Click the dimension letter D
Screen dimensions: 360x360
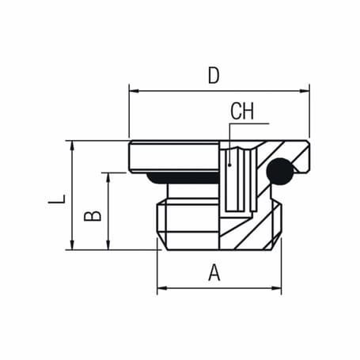click(x=213, y=75)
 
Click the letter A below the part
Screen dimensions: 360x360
click(x=214, y=273)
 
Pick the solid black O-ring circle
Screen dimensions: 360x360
click(x=279, y=170)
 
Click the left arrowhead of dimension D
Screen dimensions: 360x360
click(x=133, y=91)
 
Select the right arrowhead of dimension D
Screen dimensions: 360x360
click(x=305, y=91)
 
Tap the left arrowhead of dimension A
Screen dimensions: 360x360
click(x=161, y=290)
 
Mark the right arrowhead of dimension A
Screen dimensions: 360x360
click(x=277, y=290)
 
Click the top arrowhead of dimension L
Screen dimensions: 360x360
click(x=72, y=146)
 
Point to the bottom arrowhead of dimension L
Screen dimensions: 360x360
click(x=72, y=245)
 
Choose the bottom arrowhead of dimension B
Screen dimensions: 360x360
click(x=108, y=245)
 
